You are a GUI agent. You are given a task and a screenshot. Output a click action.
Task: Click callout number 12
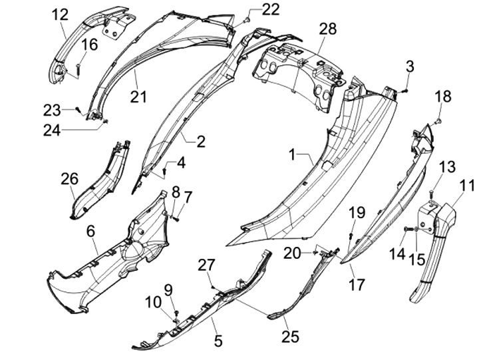point(60,13)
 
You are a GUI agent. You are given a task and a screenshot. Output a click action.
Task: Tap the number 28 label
point(328,29)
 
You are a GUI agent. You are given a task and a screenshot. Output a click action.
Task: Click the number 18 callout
point(443,97)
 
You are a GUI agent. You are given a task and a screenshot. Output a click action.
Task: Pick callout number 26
point(69,179)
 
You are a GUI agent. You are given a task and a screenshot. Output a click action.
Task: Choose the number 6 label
point(90,231)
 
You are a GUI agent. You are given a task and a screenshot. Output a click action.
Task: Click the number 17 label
point(357,284)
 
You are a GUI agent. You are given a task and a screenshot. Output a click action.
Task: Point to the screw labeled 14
point(406,230)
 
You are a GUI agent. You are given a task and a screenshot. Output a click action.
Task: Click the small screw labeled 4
point(164,172)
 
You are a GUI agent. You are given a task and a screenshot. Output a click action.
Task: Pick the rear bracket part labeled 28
point(299,71)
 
